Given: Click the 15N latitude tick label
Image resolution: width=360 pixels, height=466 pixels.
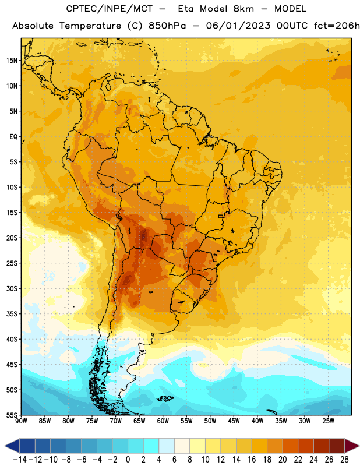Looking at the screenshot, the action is pyautogui.click(x=12, y=61).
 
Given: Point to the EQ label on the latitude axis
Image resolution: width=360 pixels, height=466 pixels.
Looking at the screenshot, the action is pyautogui.click(x=13, y=137).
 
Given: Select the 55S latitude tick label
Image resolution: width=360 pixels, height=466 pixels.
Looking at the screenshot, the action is pyautogui.click(x=12, y=415).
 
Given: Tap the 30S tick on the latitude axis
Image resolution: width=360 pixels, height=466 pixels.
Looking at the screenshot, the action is pyautogui.click(x=12, y=288).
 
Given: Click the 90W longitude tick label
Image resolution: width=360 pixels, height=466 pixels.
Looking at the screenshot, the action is pyautogui.click(x=21, y=421).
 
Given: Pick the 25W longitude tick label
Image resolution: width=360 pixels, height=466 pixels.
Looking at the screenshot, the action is pyautogui.click(x=328, y=421).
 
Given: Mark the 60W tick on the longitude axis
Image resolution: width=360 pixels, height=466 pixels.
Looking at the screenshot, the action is pyautogui.click(x=163, y=421).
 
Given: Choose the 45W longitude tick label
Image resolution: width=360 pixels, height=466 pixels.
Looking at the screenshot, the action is pyautogui.click(x=234, y=421).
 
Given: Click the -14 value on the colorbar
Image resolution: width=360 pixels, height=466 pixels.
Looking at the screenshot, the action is pyautogui.click(x=20, y=460).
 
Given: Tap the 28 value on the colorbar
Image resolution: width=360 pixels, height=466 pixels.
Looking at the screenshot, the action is pyautogui.click(x=344, y=460).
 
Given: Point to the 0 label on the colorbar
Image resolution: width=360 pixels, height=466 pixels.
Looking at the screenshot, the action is pyautogui.click(x=128, y=460).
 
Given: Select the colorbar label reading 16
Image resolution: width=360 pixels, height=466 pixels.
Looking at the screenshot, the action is pyautogui.click(x=252, y=460).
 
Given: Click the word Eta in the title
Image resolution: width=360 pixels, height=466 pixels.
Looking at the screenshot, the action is pyautogui.click(x=186, y=9).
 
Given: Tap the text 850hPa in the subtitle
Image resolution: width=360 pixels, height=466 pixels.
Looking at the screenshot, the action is pyautogui.click(x=167, y=26).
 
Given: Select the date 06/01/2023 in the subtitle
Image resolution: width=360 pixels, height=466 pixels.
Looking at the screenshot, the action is pyautogui.click(x=238, y=26).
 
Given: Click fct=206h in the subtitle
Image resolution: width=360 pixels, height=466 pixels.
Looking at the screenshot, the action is pyautogui.click(x=337, y=26).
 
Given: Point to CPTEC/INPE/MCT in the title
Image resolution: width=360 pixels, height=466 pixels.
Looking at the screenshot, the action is pyautogui.click(x=110, y=9).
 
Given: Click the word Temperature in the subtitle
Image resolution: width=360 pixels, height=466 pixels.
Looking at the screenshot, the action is pyautogui.click(x=90, y=26).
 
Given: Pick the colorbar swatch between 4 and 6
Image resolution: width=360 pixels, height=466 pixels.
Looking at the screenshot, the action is pyautogui.click(x=167, y=446).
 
